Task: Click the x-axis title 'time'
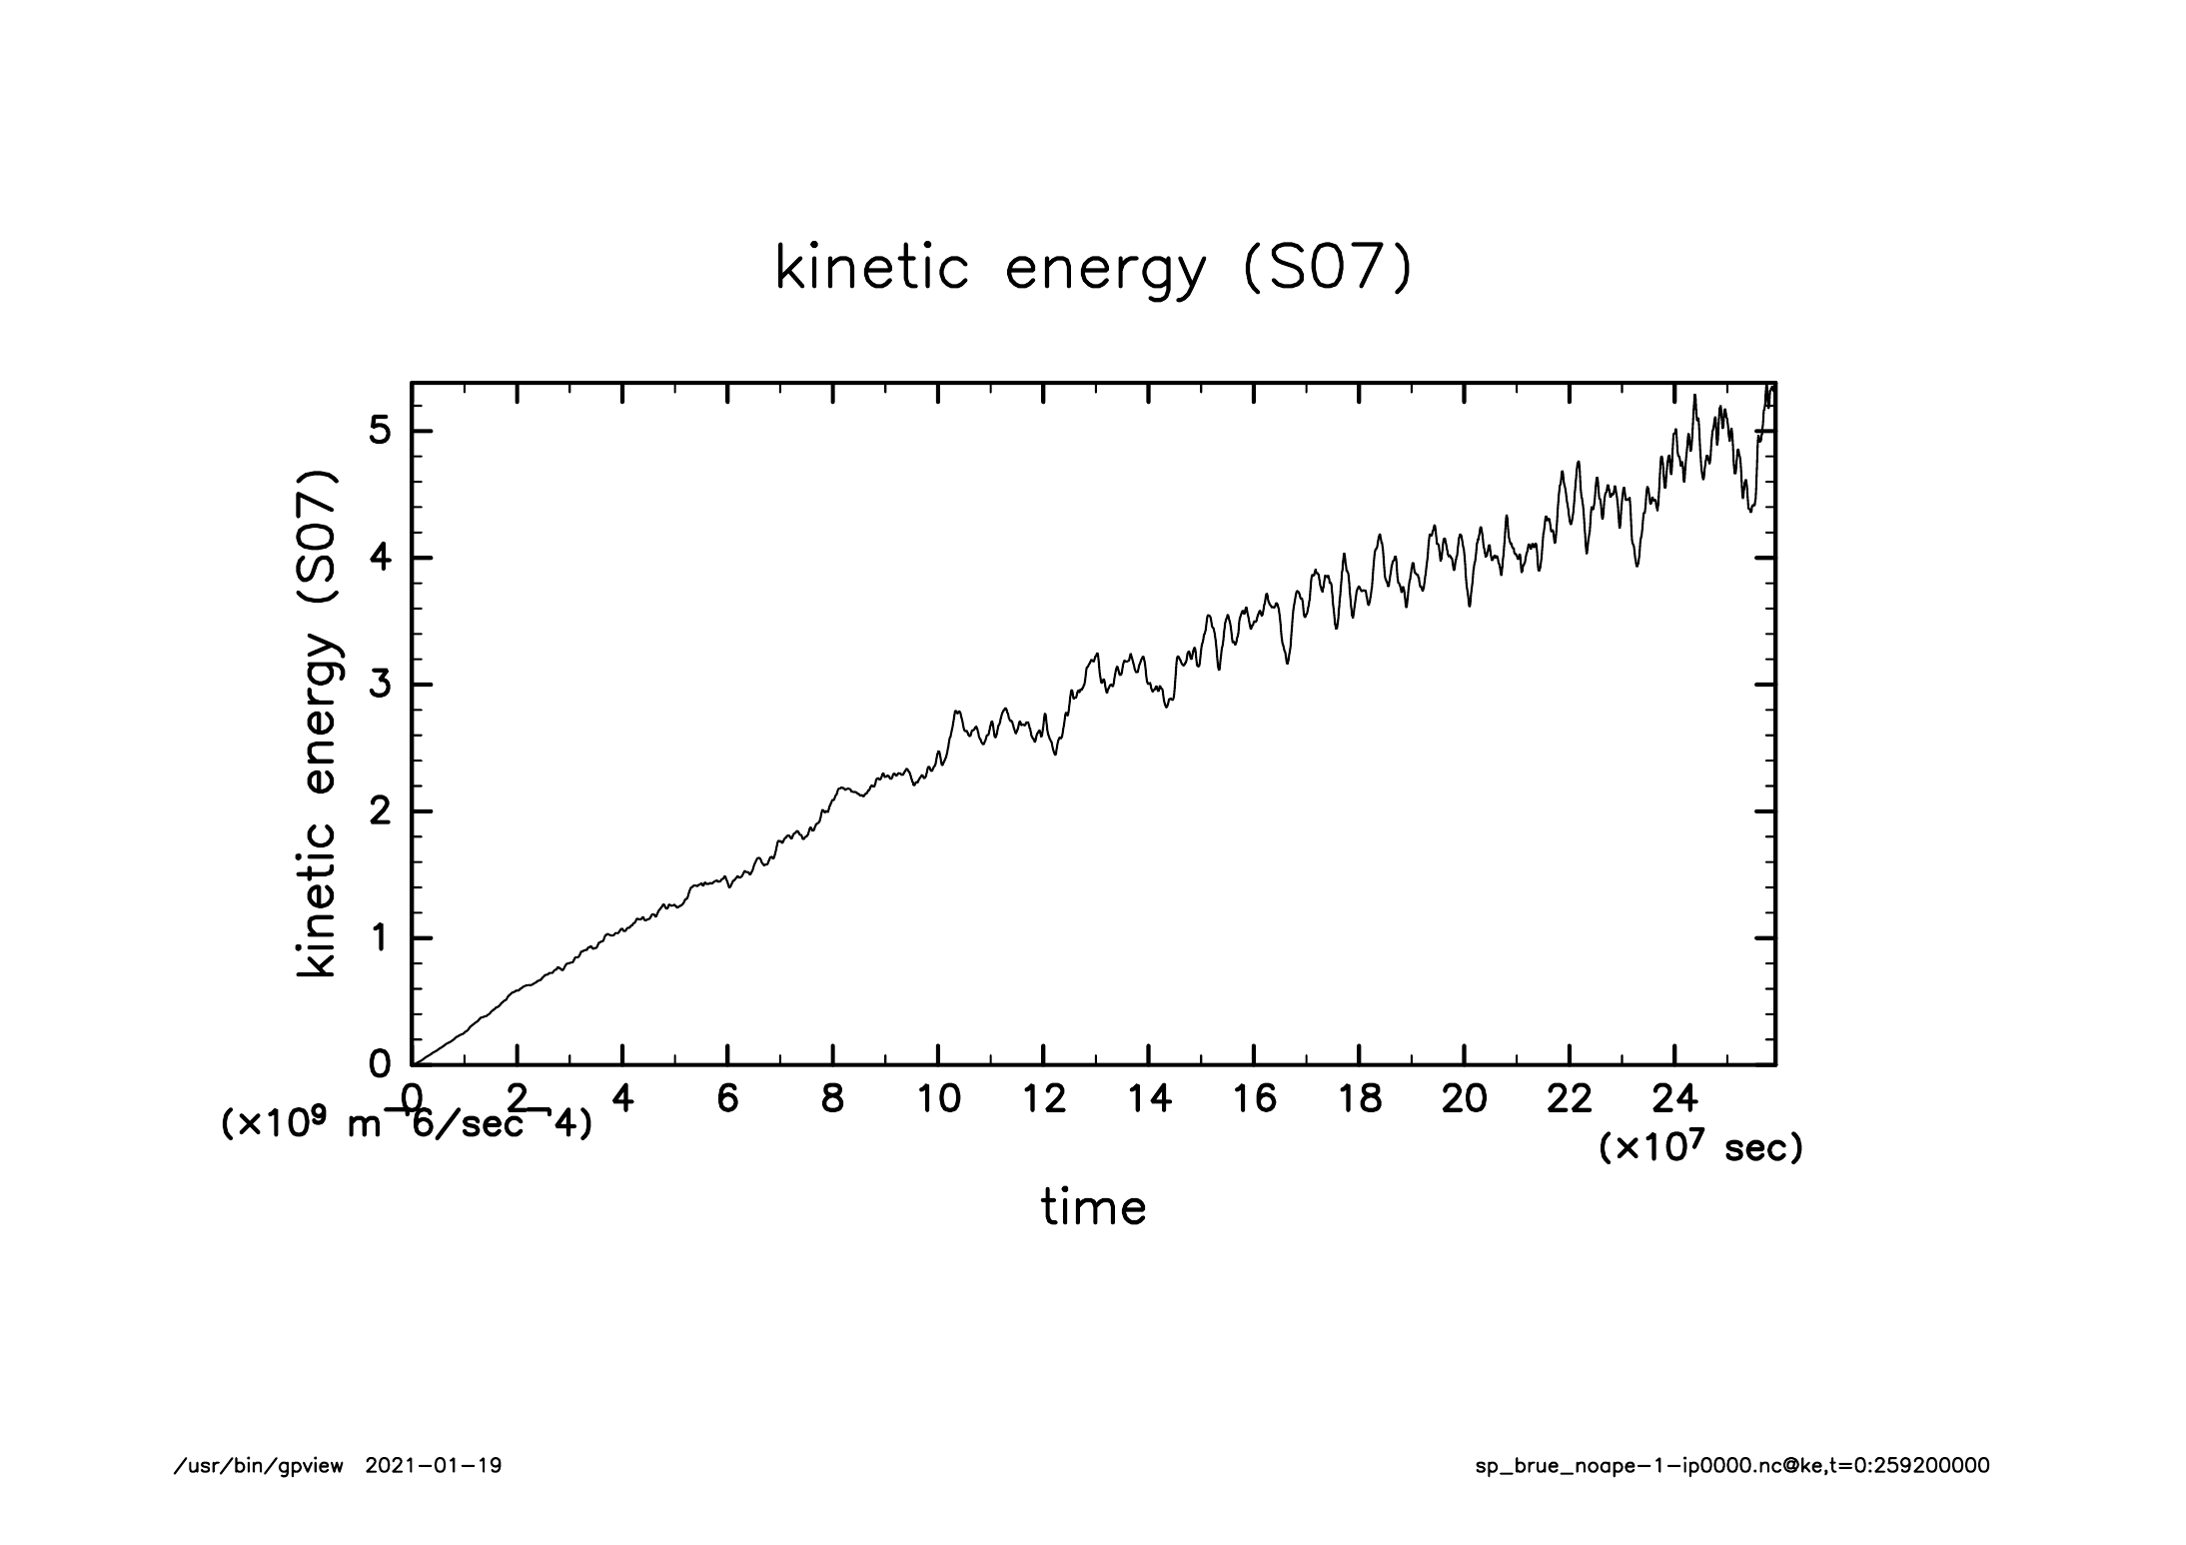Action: click(x=1093, y=1207)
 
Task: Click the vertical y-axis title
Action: click(x=318, y=724)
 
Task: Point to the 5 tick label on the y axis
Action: click(x=380, y=432)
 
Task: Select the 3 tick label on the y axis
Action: click(x=380, y=686)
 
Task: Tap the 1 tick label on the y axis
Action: click(x=380, y=938)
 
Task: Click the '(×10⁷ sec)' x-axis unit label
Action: click(x=1701, y=1148)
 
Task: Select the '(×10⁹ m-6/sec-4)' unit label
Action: click(x=406, y=1124)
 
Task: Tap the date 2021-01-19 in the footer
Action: click(x=434, y=1466)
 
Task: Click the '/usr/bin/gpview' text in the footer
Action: click(x=259, y=1466)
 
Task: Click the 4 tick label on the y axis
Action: click(x=380, y=559)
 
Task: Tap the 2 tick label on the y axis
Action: click(x=380, y=811)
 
